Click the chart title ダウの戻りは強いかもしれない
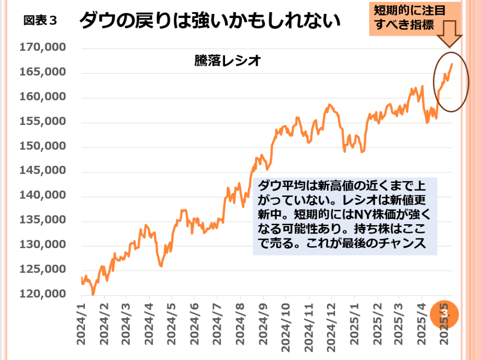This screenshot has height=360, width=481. click(209, 21)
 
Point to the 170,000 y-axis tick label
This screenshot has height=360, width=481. click(43, 48)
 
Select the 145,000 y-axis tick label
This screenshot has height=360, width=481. click(43, 171)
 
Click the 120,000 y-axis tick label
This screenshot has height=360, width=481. click(43, 294)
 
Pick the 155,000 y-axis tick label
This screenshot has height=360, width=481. click(43, 122)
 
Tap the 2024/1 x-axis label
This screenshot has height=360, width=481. click(82, 324)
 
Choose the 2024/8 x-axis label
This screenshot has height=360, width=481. click(240, 324)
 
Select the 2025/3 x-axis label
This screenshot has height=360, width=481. click(399, 324)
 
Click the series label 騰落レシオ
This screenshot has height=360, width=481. click(227, 61)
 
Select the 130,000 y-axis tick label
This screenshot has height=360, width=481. click(43, 245)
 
